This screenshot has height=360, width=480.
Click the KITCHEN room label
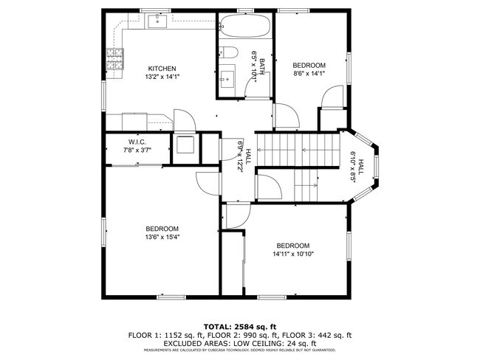(x=161, y=69)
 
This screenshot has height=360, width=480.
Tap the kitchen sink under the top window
(x=157, y=22)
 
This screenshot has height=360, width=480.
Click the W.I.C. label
(x=138, y=142)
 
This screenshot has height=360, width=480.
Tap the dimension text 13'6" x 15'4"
(x=162, y=237)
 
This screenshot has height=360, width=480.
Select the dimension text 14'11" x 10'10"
(x=292, y=255)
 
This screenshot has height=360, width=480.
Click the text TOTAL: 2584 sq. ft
(x=240, y=325)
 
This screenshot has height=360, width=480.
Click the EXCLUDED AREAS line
(x=240, y=343)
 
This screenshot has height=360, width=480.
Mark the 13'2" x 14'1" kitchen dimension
(x=161, y=77)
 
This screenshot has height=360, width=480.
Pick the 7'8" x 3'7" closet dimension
(x=138, y=150)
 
